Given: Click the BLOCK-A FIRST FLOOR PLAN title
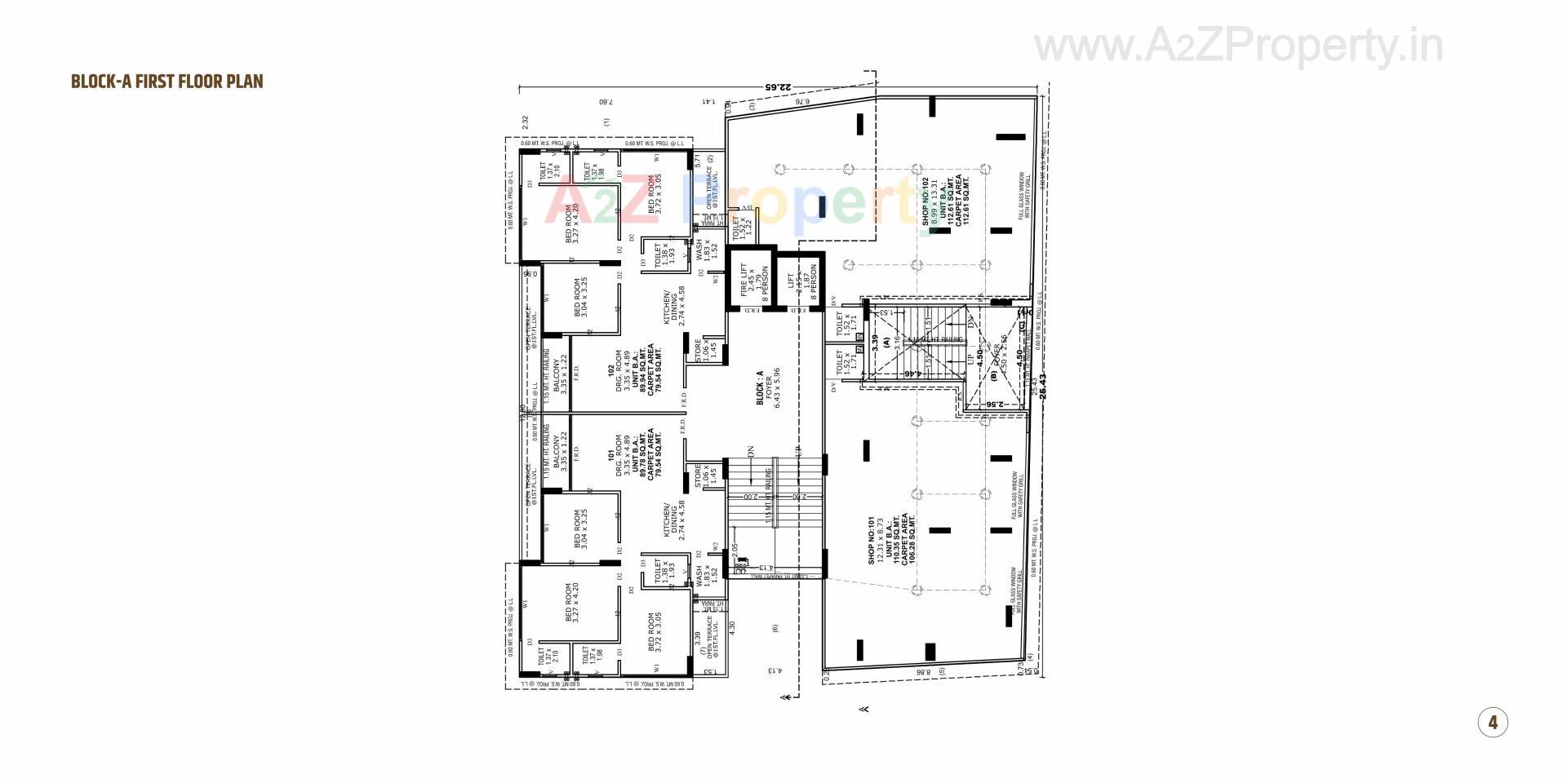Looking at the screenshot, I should tap(166, 82).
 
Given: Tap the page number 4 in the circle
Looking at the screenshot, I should tap(1493, 722).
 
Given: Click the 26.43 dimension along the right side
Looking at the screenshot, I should tap(1042, 387).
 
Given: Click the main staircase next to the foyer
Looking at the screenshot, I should tap(774, 493).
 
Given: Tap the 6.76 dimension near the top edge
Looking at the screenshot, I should tap(801, 101).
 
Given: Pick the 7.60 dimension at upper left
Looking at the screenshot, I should tap(605, 102).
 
